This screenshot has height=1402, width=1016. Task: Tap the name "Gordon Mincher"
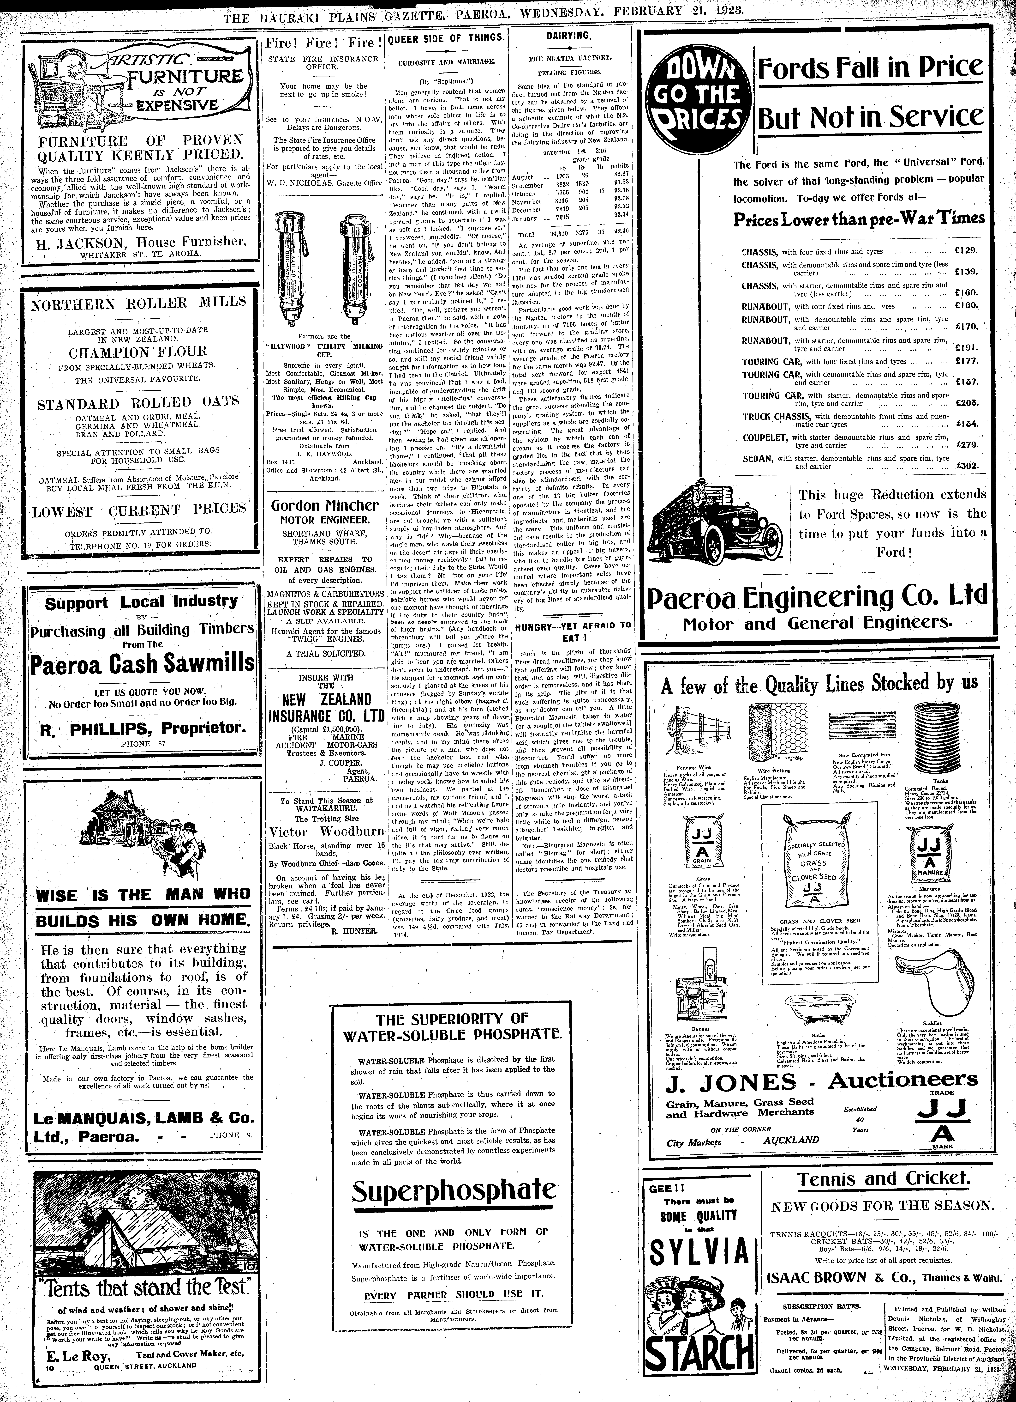(325, 505)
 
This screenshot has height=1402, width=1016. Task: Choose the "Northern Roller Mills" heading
(138, 303)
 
